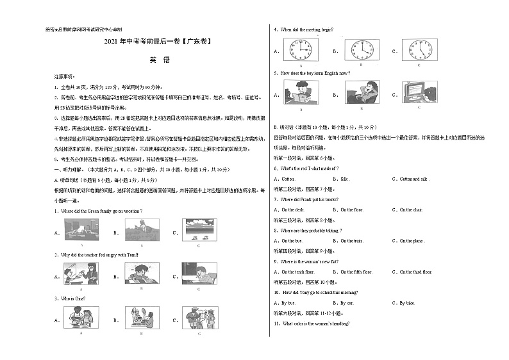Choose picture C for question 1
point(199,231)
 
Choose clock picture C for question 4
point(419,50)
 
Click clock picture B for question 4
point(360,50)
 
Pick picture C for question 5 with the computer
point(419,93)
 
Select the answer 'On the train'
point(351,241)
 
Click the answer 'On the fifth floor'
point(356,272)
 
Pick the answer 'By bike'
point(407,302)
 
